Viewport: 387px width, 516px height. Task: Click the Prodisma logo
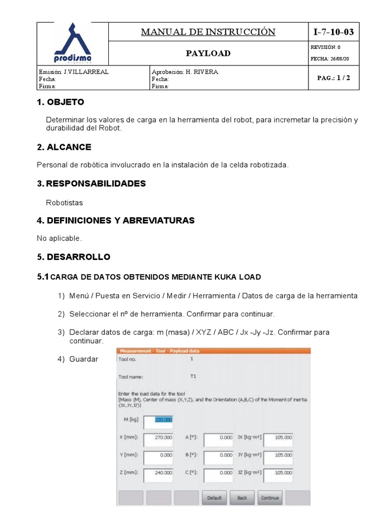tap(73, 42)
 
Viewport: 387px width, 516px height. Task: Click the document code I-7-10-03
tap(334, 32)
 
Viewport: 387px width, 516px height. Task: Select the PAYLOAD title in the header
tap(208, 53)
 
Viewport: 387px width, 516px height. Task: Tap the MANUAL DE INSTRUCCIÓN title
tap(208, 32)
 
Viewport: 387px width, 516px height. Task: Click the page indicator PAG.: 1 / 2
tap(334, 78)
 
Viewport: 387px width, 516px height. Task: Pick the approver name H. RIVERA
tap(202, 72)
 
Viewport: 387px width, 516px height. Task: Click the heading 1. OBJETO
tap(60, 102)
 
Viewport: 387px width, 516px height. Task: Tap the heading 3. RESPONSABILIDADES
tap(91, 183)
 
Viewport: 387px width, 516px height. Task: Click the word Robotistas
tap(64, 203)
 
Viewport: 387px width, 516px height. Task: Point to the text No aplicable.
tap(59, 238)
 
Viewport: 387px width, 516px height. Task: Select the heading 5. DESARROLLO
tap(74, 257)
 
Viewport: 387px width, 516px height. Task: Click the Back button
tap(242, 498)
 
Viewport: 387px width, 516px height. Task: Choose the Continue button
tap(270, 498)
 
